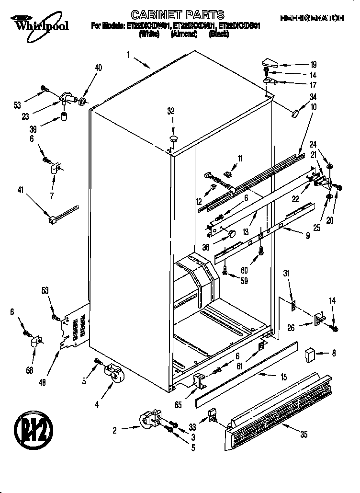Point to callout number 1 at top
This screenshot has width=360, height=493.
click(129, 55)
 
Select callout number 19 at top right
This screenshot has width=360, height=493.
click(313, 64)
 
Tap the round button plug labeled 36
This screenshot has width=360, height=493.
click(232, 234)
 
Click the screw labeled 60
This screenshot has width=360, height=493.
click(261, 250)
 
